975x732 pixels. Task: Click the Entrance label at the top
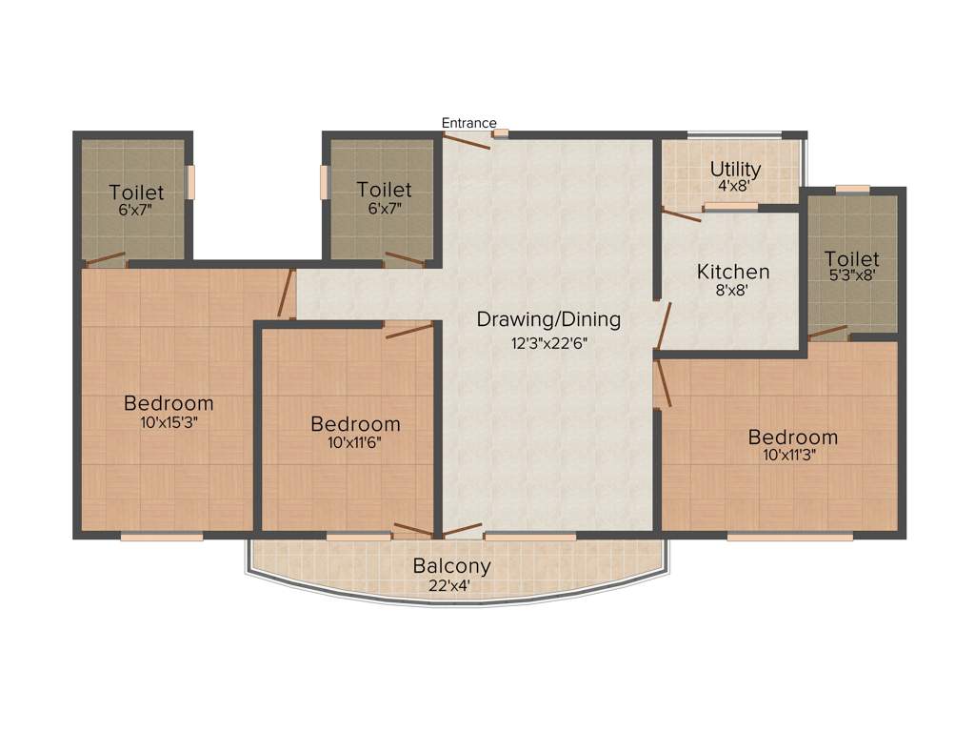pos(468,123)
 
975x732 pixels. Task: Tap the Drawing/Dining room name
pos(548,319)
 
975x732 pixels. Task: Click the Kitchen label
pos(733,272)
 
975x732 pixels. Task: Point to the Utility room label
pos(735,170)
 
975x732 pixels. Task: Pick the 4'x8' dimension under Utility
pos(735,188)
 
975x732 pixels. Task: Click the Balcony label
pos(452,566)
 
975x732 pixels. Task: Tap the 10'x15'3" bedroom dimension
pos(169,421)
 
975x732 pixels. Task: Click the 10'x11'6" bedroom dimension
pos(355,442)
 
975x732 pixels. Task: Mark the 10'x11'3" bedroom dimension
pos(793,455)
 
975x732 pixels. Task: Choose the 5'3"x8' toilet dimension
pos(851,275)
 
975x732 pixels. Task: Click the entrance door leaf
pos(468,141)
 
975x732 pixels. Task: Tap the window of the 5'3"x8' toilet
pos(852,189)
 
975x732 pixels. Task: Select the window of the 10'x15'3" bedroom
pos(162,537)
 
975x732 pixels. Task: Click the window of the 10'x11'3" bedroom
pos(789,537)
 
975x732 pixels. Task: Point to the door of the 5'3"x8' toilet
pos(827,333)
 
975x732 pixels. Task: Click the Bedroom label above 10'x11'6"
pos(355,424)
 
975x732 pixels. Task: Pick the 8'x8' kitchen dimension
pos(733,292)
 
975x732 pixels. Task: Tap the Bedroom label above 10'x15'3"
pos(169,403)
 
